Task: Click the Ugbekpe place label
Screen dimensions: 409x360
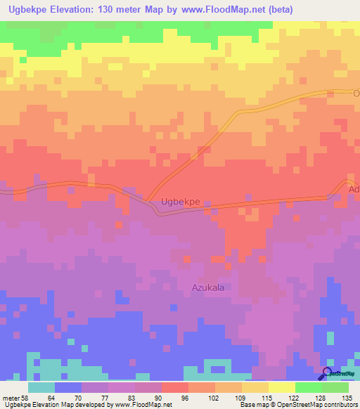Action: pos(181,202)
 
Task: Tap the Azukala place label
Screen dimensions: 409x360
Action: pos(212,287)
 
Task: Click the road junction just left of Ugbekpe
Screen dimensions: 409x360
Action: pos(149,200)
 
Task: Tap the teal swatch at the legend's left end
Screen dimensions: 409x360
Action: pos(41,387)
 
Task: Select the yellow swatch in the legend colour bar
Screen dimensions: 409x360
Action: pos(281,387)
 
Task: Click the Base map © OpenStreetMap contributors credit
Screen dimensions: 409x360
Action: pos(297,405)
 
